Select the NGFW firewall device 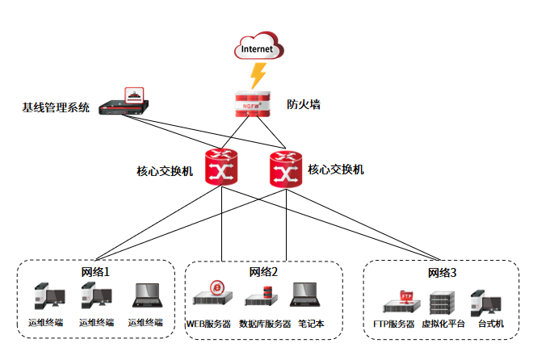tap(252, 103)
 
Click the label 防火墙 tap(304, 104)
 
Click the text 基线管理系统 tap(56, 107)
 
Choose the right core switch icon tap(285, 169)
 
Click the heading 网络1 tap(94, 272)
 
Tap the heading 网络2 tap(263, 272)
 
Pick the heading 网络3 tap(442, 273)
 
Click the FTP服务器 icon tap(401, 301)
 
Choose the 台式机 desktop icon tap(486, 301)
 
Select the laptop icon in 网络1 tap(148, 297)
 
